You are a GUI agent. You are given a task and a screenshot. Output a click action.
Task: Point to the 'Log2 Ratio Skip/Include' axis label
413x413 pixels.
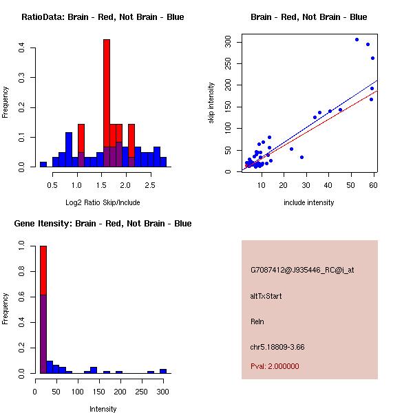coord(103,202)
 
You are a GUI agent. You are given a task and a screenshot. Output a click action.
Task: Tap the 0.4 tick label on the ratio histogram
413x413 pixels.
coord(22,47)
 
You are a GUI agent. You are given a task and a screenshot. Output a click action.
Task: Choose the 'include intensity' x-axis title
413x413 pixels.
coord(309,202)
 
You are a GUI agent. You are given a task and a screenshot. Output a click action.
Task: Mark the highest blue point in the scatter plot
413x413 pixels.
coord(357,39)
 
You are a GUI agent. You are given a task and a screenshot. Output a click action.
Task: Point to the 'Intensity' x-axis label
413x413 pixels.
coord(103,409)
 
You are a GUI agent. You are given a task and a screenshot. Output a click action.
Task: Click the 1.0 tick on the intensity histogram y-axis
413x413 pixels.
coord(22,245)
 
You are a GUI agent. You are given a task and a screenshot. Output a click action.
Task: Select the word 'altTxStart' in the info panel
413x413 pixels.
coord(266,296)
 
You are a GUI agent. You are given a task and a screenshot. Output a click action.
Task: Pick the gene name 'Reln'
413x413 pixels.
coord(257,321)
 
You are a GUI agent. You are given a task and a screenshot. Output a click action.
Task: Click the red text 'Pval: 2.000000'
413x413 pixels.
coord(275,366)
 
